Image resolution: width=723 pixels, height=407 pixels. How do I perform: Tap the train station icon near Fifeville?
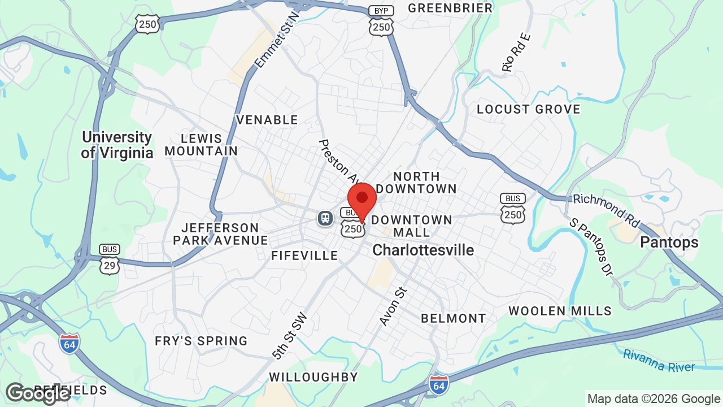325,218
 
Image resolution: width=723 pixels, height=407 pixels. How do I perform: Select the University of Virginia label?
117,145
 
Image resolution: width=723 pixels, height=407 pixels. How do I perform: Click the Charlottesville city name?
423,250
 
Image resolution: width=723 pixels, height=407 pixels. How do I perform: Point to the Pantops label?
669,243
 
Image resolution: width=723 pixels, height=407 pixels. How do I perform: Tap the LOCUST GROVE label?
528,109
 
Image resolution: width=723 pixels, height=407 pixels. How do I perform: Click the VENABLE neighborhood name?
267,120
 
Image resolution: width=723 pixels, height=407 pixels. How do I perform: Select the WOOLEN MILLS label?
560,311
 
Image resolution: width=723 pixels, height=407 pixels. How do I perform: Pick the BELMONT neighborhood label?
453,318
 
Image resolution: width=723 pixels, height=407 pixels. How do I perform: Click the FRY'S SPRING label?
201,341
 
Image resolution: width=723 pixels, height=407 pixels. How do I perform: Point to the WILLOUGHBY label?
313,377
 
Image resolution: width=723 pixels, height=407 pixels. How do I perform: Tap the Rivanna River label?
659,360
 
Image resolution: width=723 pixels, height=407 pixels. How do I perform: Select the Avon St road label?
393,307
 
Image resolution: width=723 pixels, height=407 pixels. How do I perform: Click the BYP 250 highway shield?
381,21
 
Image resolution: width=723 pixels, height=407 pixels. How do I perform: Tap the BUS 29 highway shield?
110,259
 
